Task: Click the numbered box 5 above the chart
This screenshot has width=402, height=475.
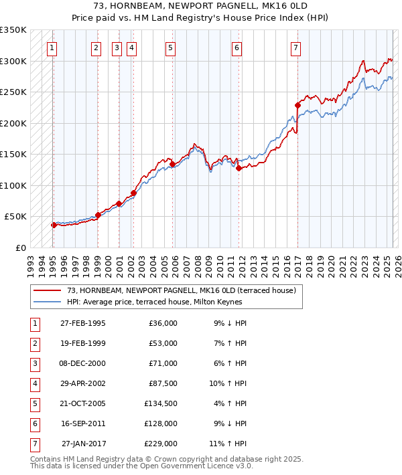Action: click(x=171, y=47)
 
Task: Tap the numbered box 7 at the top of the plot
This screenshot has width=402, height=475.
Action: click(x=295, y=47)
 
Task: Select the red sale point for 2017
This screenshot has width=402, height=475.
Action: click(x=297, y=105)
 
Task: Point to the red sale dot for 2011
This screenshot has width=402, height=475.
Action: click(x=239, y=168)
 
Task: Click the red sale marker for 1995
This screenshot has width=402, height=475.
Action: click(x=54, y=225)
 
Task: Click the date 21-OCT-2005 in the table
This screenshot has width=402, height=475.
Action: click(x=83, y=403)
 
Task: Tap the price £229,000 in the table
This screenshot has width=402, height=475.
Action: click(x=161, y=444)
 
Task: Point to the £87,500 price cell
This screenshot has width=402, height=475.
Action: click(x=163, y=383)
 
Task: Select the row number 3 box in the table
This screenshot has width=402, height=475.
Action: click(x=33, y=363)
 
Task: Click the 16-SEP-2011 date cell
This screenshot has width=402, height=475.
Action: click(x=83, y=423)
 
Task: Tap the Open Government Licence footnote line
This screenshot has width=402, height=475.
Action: click(x=141, y=466)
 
